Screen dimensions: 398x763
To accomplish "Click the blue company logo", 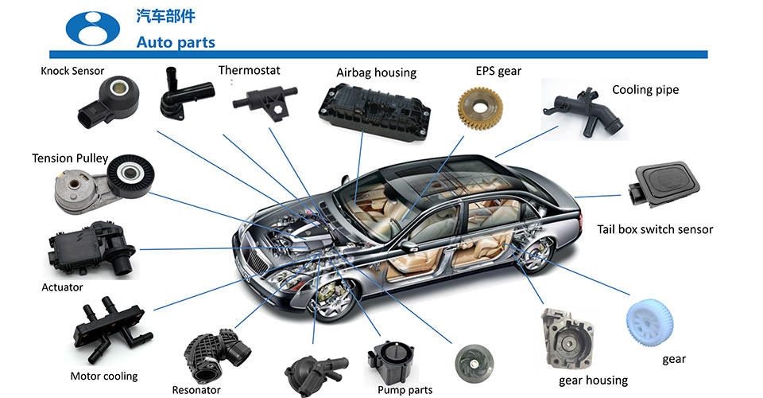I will click(92, 27).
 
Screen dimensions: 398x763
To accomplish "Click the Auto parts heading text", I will click(176, 41).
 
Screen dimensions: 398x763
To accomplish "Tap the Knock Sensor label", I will click(72, 71).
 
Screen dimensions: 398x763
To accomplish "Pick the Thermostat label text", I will click(249, 70).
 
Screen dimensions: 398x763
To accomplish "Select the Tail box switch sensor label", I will click(655, 229).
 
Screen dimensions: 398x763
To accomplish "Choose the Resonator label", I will click(196, 390).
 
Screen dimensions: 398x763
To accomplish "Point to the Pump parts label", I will click(405, 390).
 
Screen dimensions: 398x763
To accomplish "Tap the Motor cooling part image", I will click(109, 333).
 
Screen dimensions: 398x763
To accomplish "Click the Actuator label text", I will click(62, 287).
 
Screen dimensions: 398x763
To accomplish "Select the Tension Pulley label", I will click(70, 158).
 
